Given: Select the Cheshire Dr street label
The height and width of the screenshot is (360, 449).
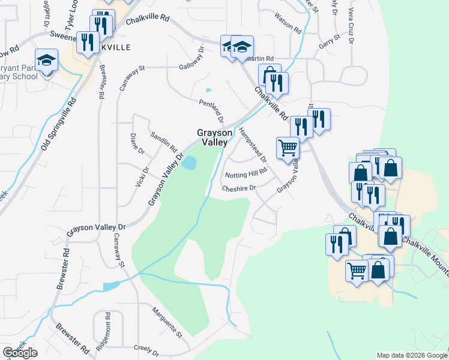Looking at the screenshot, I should tap(239, 188).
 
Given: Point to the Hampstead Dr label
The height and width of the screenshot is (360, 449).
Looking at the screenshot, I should tap(253, 145).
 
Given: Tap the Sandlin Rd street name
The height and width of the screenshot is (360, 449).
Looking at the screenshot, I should tap(164, 142).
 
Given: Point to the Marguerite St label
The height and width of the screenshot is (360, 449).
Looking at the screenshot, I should tap(166, 321).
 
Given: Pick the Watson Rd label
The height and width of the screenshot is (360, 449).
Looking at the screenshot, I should tap(288, 22).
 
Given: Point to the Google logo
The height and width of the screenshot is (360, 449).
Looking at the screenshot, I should tap(20, 353).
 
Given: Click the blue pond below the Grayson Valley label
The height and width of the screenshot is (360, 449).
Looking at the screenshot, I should tap(190, 162).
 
